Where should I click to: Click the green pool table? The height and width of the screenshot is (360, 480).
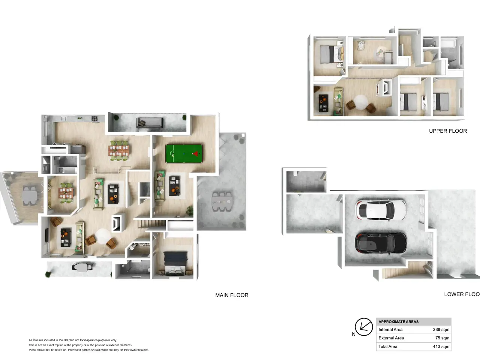(x=184, y=153)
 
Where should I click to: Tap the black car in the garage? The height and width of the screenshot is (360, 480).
(x=381, y=243)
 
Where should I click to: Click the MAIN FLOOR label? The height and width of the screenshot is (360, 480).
(x=232, y=295)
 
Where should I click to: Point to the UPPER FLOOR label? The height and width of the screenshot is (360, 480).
(x=448, y=131)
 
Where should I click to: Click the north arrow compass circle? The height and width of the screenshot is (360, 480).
(x=364, y=327)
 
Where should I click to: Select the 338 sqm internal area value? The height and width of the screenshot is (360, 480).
(x=441, y=329)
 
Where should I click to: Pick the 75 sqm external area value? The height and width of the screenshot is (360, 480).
(x=442, y=338)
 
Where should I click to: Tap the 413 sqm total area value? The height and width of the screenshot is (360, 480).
(x=441, y=346)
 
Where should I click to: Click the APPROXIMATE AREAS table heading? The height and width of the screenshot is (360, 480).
(x=398, y=321)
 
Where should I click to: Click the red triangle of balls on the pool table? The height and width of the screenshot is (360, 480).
(x=195, y=154)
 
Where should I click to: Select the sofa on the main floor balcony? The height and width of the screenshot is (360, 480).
(x=150, y=123)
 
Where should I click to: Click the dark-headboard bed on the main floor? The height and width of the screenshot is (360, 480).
(x=175, y=263)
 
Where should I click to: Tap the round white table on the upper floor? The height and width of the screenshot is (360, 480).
(x=361, y=102)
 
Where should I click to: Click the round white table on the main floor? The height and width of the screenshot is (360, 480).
(x=103, y=236)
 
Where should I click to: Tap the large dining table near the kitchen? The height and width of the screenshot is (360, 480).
(x=118, y=151)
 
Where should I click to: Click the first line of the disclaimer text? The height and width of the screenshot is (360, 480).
(x=73, y=340)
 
